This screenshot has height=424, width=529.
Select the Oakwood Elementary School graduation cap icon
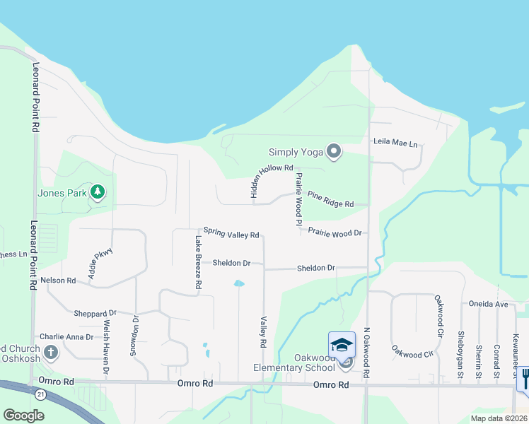[342, 345]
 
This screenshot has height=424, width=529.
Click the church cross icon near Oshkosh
[51, 352]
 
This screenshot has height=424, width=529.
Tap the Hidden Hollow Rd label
[269, 168]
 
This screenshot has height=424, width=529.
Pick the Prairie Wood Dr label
[335, 232]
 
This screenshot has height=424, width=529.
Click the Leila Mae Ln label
[395, 143]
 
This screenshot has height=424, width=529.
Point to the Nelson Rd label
[58, 281]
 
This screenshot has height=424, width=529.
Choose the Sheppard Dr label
[95, 313]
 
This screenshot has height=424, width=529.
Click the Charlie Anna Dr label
[66, 337]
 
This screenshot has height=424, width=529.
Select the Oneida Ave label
[489, 304]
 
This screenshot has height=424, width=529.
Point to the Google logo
[23, 416]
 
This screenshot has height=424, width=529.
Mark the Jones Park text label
[62, 193]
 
